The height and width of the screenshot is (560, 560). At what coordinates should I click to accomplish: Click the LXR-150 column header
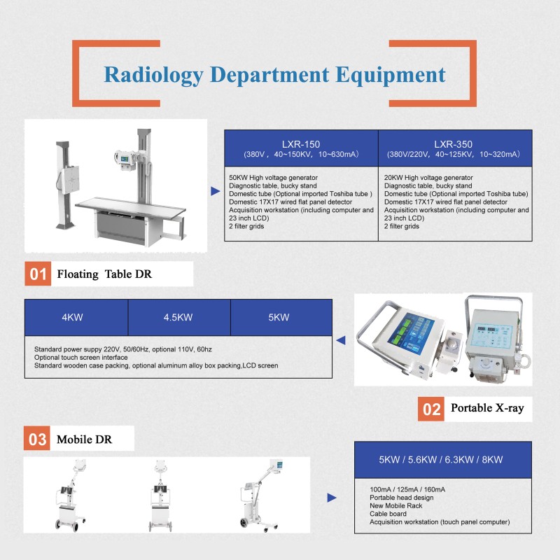coord(301,143)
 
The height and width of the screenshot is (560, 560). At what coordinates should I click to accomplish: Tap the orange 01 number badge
coord(38,274)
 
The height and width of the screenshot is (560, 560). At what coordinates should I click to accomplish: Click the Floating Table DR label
coord(104,274)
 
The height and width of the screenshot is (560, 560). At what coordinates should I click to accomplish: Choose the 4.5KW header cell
coord(178,317)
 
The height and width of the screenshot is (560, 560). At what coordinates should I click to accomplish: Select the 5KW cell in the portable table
coord(280,317)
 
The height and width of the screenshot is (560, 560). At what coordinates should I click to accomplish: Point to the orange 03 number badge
coord(38,440)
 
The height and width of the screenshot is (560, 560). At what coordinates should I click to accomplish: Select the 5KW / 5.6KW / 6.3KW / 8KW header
coord(440,460)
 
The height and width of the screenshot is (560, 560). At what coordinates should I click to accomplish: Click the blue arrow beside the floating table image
coord(215,190)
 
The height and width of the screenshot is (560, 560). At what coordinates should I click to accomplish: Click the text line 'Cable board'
coord(389,514)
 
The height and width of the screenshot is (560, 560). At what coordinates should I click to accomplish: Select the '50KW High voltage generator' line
coord(273,178)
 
